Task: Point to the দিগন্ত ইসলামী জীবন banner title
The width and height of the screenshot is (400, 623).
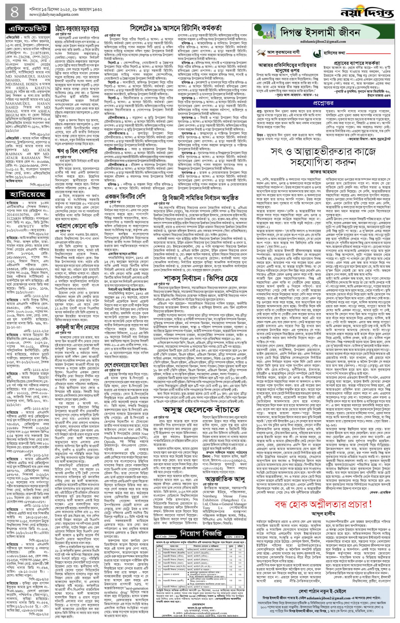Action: (320, 33)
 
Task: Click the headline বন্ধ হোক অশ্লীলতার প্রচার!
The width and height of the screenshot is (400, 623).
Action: (323, 495)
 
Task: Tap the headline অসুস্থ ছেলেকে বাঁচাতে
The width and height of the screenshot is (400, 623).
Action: (201, 409)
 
